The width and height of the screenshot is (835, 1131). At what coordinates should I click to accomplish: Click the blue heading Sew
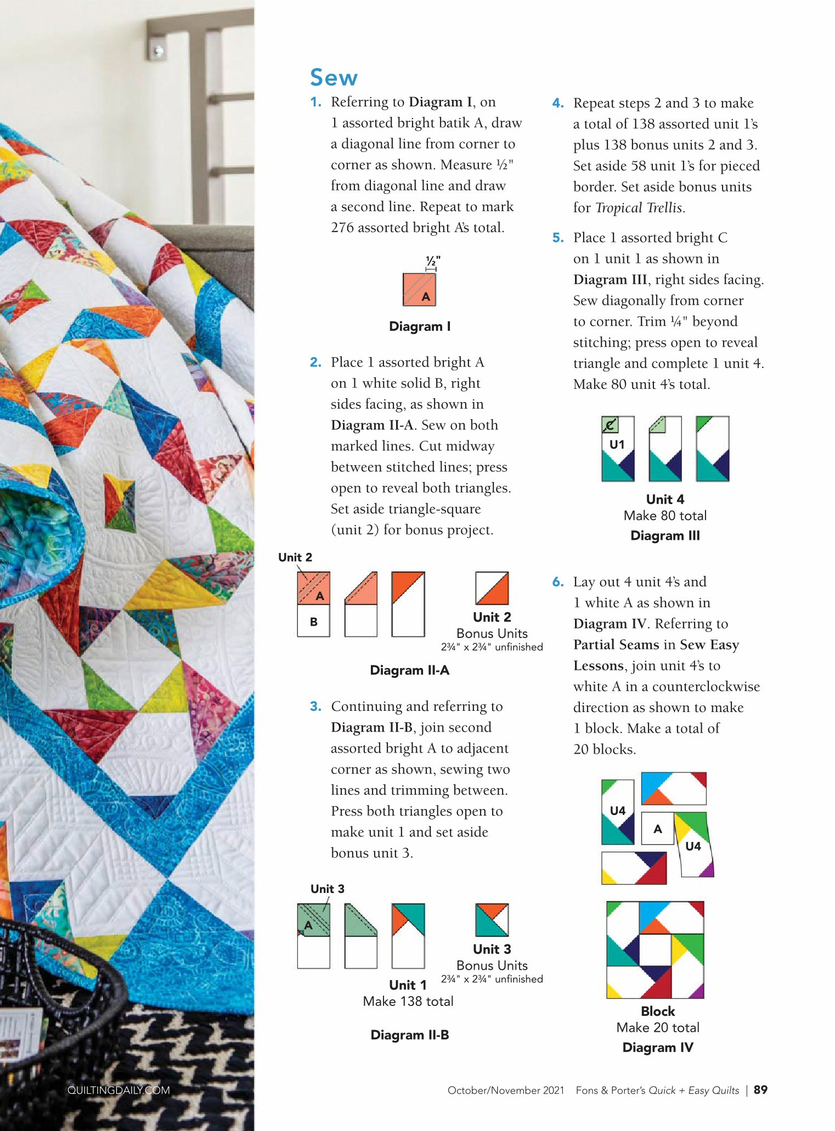334,77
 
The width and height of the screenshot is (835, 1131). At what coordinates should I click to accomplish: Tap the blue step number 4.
557,103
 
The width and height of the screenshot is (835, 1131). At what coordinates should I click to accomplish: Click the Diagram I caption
420,326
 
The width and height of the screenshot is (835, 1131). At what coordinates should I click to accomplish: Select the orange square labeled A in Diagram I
420,290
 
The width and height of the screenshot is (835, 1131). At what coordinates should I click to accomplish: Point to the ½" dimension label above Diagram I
433,260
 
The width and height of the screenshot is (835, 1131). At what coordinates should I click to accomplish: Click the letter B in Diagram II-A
314,621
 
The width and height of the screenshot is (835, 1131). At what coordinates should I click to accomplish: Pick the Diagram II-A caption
410,670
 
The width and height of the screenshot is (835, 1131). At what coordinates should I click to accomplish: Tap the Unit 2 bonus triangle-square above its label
492,588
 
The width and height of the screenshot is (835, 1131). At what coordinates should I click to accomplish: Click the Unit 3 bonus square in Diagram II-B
492,920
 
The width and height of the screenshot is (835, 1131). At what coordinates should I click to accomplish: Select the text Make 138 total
408,1001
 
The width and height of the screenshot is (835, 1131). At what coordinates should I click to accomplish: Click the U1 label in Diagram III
617,444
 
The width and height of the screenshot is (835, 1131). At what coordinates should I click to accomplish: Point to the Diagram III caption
665,535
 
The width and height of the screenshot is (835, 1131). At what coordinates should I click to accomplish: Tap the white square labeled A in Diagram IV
657,828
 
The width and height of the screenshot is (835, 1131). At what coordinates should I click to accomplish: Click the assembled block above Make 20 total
655,949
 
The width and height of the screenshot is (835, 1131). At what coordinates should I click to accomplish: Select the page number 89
760,1090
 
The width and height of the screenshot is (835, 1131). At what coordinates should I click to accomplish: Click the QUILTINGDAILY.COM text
119,1090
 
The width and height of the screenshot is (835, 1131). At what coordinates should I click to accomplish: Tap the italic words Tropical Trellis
639,208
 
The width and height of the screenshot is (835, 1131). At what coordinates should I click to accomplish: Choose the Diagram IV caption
658,1047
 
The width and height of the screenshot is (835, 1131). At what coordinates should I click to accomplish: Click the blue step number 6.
558,582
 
